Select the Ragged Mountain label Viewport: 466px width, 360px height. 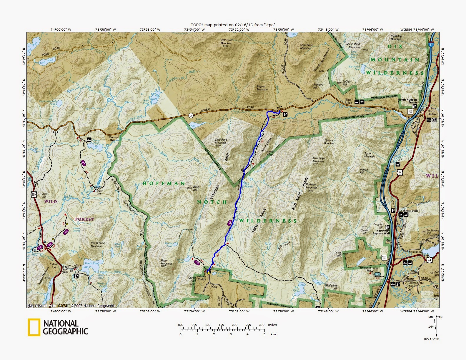(262, 88)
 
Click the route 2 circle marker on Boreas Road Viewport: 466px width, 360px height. (191, 116)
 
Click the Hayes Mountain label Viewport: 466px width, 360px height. (166, 262)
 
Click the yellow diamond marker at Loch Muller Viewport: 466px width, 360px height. (209, 273)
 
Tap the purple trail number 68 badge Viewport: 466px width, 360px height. (229, 223)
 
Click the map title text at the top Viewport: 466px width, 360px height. (233, 25)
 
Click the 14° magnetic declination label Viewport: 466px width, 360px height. (431, 326)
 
